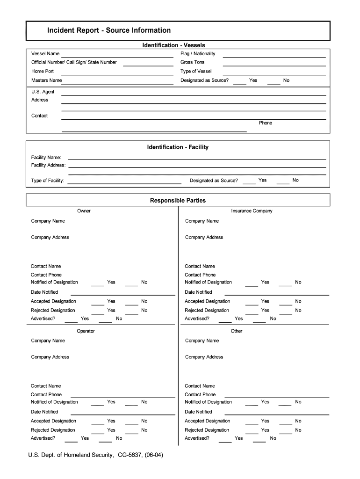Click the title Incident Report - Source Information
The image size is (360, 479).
coord(109,30)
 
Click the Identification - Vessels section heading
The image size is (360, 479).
coord(173,45)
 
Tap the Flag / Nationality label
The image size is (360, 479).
coord(198,54)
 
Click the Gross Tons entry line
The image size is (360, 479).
coord(274,65)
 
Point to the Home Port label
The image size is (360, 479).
coord(43,72)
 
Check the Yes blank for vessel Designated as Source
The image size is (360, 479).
coord(240,83)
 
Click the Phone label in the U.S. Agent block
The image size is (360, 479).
coord(266,123)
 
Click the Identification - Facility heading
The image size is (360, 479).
coord(178,147)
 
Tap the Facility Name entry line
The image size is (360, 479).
coord(197,160)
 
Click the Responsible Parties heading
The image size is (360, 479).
coord(178,201)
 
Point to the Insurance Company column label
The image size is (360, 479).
coord(252,211)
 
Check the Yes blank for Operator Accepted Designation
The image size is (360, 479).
coord(98,424)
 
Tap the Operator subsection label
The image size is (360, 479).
coord(86,331)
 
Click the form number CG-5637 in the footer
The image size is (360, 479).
coord(132,455)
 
